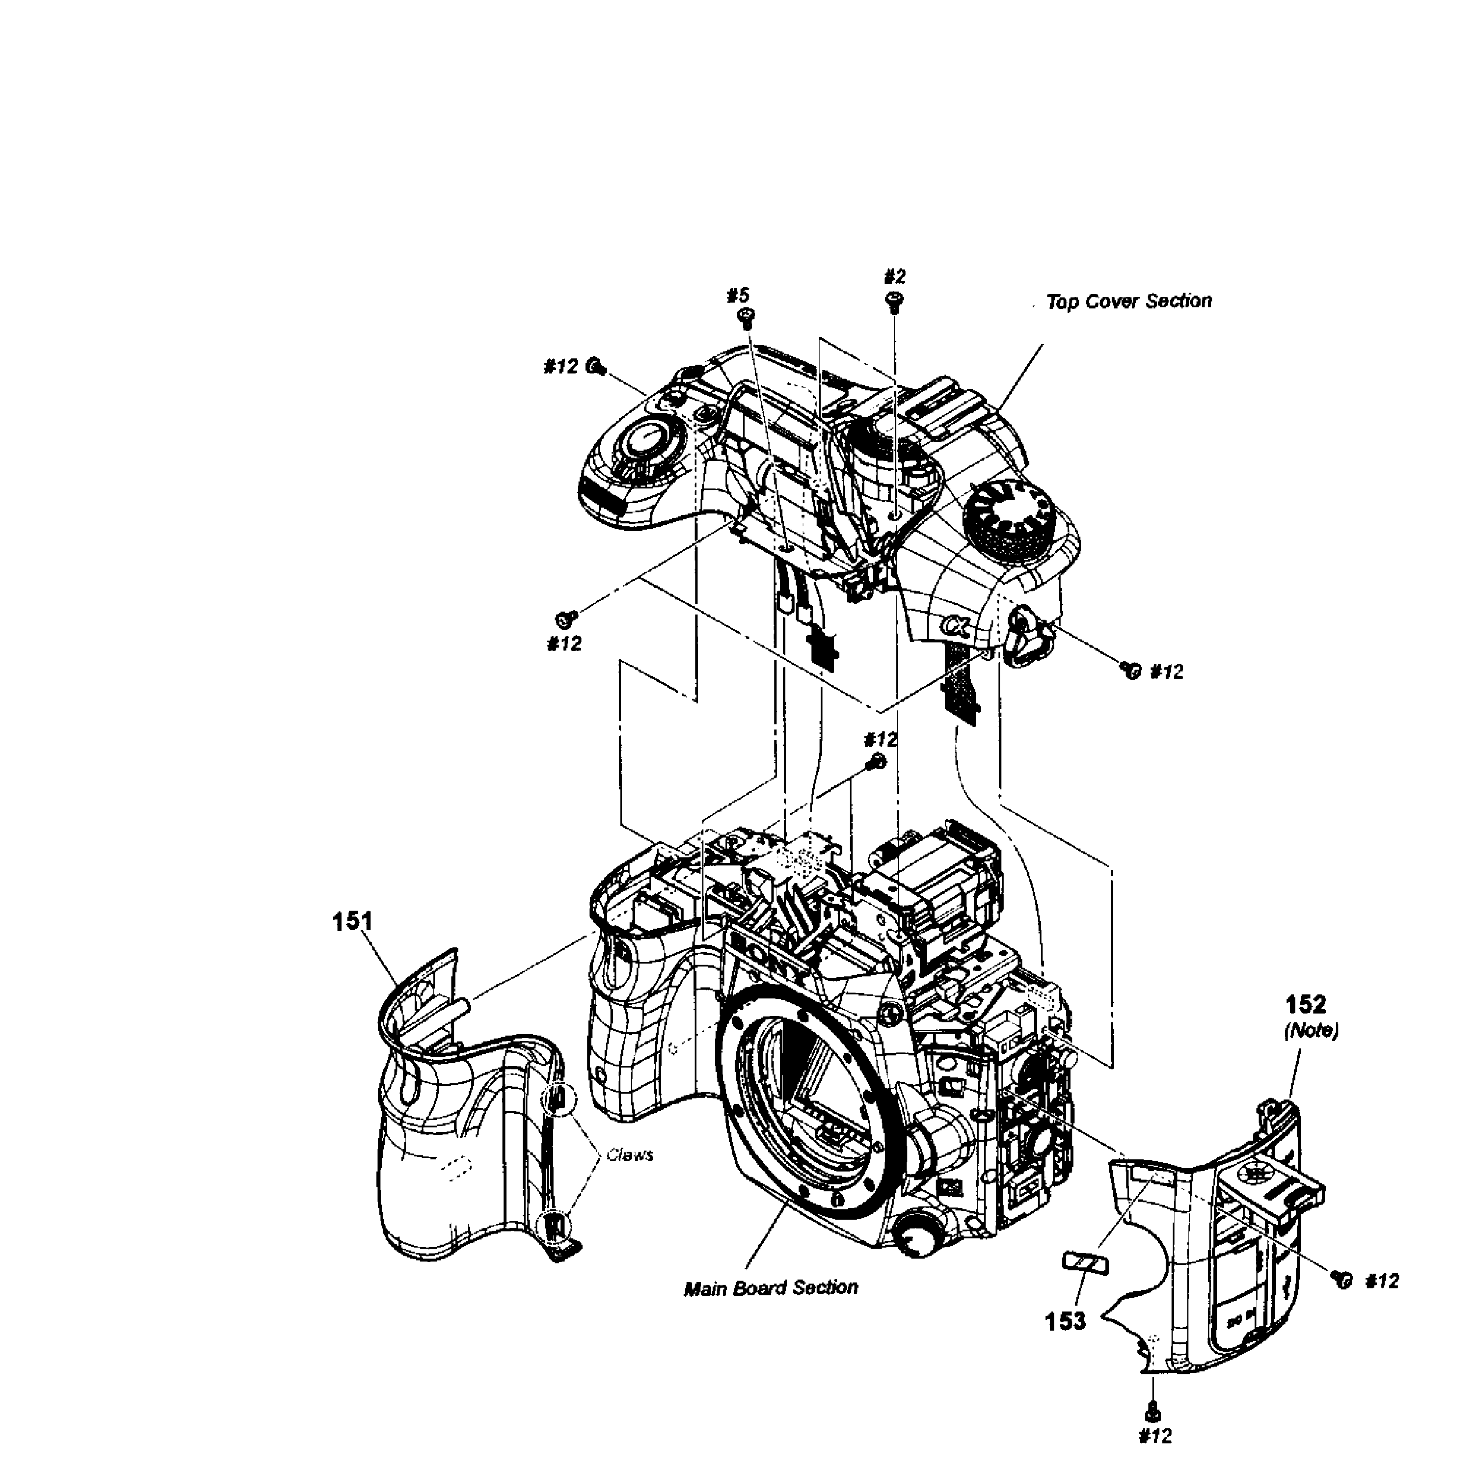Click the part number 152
[x=1305, y=1004]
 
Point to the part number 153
[x=1066, y=1321]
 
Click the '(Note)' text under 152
[x=1311, y=1032]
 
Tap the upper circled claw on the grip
[x=558, y=1101]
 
